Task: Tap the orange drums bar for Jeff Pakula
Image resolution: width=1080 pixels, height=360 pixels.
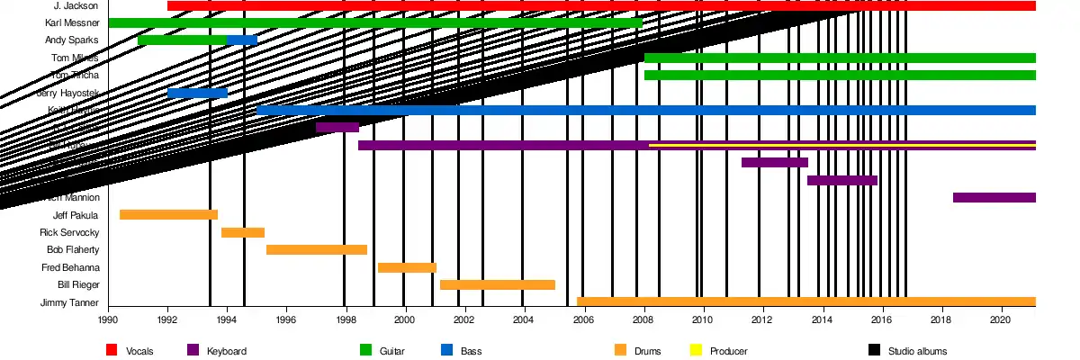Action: coord(168,214)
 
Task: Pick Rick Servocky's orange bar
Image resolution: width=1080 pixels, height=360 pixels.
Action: coord(243,232)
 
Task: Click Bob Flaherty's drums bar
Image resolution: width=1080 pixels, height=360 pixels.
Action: coord(317,249)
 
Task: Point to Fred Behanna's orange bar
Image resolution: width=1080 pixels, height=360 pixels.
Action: coord(407,267)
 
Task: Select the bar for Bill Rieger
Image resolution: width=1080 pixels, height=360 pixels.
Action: coord(497,284)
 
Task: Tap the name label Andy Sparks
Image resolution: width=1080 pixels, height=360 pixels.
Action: coord(71,40)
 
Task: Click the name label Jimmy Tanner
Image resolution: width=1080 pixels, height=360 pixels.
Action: coord(69,302)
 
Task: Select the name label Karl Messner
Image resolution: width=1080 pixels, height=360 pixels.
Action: coord(71,22)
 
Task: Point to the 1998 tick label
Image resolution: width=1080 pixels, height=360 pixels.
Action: coord(346,319)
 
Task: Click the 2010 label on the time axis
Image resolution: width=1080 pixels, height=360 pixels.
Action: coord(703,319)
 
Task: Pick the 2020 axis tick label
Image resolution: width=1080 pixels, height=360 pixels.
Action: coord(1000,319)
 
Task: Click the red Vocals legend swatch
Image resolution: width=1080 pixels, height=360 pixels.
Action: coord(112,350)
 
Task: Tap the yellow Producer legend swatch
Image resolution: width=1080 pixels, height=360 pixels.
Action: coord(696,350)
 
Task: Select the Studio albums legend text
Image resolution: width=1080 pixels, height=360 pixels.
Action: coord(917,351)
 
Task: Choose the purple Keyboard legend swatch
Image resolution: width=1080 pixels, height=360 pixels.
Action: coord(193,350)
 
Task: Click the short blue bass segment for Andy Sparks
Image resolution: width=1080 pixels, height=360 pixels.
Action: coord(242,40)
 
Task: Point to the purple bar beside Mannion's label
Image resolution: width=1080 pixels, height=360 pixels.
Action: coord(994,197)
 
